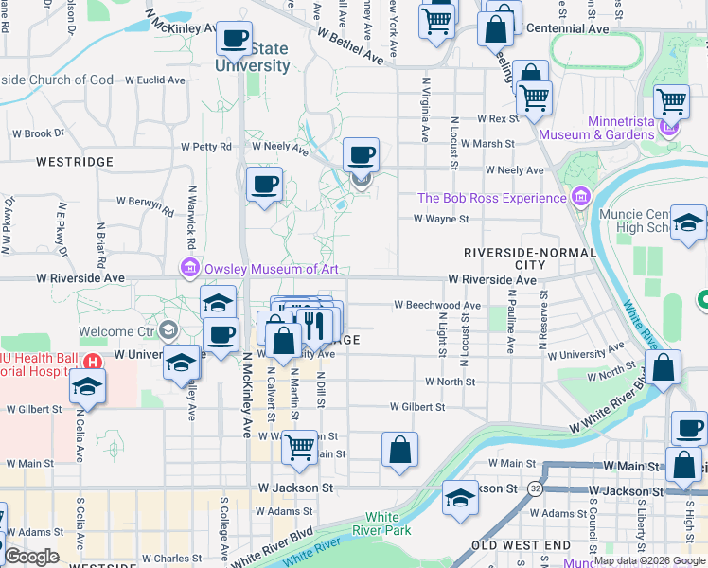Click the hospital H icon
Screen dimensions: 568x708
pos(92,362)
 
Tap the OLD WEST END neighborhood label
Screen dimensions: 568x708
pos(521,546)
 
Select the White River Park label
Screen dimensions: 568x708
pos(381,524)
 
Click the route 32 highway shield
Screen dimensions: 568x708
pos(536,488)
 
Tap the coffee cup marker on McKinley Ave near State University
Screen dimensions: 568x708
pos(234,40)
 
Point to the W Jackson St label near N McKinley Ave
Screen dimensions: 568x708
pos(296,488)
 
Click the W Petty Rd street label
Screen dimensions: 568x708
pos(205,147)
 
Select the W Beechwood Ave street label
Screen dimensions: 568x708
pos(436,306)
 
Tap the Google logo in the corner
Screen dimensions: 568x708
pos(31,557)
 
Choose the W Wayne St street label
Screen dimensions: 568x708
pos(440,219)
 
